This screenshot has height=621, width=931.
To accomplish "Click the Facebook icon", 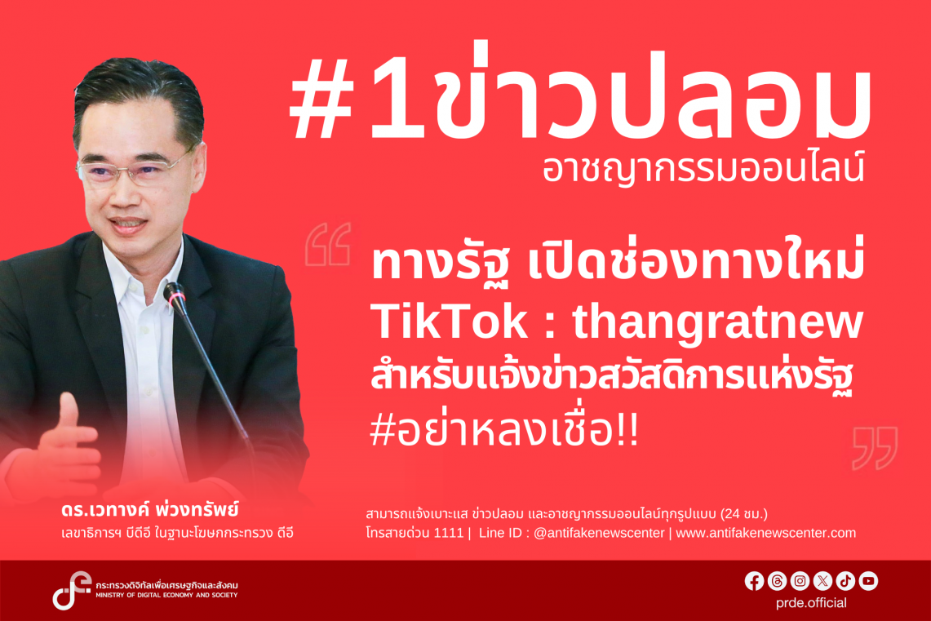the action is click(x=754, y=581).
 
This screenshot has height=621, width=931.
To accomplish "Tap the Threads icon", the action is click(x=778, y=581).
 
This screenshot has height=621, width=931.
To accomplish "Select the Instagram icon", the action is click(x=800, y=581).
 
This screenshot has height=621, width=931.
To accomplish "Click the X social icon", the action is click(x=823, y=581).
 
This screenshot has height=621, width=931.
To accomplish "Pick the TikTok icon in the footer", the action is click(x=845, y=581).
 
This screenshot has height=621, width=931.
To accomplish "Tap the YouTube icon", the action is click(x=868, y=581).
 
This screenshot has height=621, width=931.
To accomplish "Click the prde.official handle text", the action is click(x=811, y=603).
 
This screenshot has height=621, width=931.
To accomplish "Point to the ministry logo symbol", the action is click(x=71, y=590).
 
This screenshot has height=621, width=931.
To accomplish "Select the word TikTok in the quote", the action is click(x=449, y=322).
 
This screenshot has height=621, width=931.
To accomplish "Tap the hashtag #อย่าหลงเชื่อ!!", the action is click(x=504, y=429).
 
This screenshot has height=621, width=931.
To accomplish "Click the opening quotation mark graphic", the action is click(x=328, y=244).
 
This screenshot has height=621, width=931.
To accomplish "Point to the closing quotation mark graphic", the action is click(x=876, y=448).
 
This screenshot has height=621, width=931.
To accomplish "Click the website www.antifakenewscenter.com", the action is click(x=766, y=533).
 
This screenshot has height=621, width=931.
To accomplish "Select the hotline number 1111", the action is click(x=448, y=533).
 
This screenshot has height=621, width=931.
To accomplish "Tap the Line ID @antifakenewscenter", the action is click(x=599, y=533).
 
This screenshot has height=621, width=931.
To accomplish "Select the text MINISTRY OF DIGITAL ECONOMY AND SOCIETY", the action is click(x=166, y=595).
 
